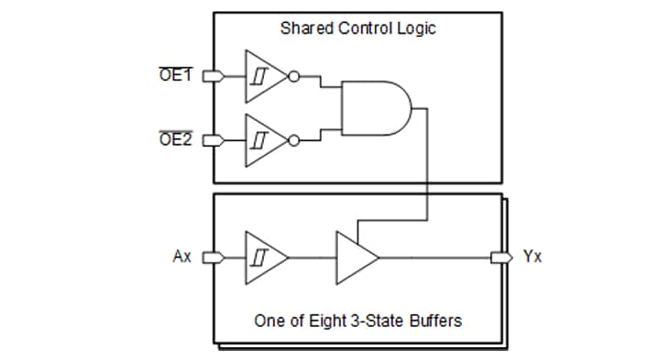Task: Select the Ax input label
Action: [182, 256]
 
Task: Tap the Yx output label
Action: [532, 256]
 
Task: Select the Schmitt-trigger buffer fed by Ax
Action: [263, 257]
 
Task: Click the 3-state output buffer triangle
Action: [354, 257]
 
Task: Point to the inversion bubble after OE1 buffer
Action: [292, 77]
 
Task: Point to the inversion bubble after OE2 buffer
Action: [292, 141]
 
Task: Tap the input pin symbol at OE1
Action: [209, 77]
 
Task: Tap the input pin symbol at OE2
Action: [209, 141]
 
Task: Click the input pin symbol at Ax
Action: [209, 257]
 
